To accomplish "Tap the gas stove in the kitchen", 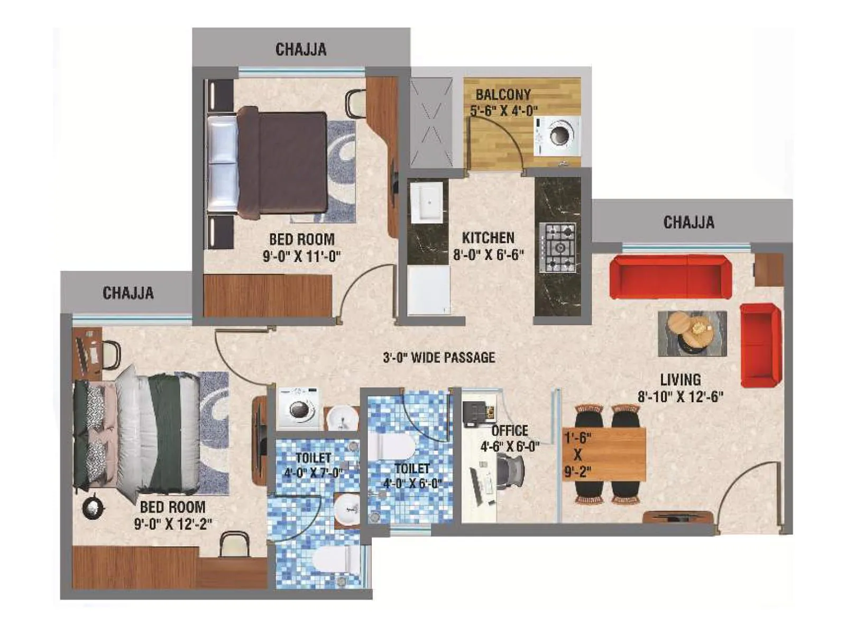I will pos(557,248).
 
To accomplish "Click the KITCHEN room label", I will pos(488,238).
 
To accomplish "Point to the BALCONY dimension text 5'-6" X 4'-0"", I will pos(504,111).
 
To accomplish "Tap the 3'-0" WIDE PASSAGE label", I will pos(439,358).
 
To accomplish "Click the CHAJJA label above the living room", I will pos(688,222).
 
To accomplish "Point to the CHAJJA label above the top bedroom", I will pos(301,50).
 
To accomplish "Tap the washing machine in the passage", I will pos(298,408).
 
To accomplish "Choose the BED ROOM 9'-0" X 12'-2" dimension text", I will pos(173,524).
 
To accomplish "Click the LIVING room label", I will pos(680,379).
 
